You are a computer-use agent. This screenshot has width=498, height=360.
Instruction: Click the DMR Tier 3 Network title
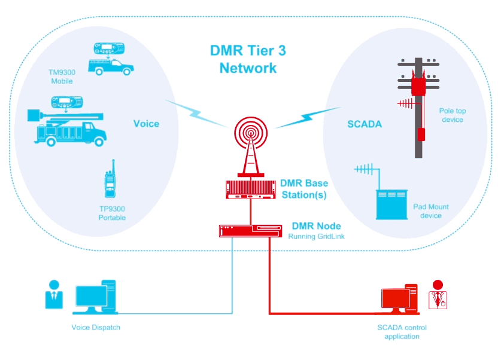248,59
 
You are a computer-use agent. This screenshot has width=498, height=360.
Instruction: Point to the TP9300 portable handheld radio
110,180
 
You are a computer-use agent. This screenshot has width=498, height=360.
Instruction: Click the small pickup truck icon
110,66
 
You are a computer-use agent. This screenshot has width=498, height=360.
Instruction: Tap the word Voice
146,123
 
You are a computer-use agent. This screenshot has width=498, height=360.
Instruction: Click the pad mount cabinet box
391,204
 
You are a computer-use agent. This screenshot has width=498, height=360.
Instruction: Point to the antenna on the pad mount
366,169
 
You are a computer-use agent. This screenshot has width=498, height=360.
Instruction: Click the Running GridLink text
315,236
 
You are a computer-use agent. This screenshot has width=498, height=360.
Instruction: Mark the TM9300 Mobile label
62,76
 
